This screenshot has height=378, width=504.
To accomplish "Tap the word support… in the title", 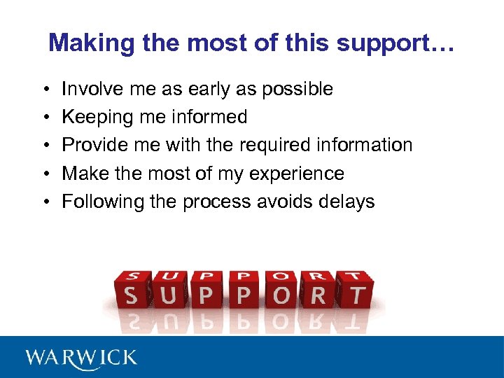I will tap(396, 43).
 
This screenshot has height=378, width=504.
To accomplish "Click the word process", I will tap(218, 202).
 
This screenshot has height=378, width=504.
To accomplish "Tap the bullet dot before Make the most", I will tap(44, 174).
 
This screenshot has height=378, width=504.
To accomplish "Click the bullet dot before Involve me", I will tap(44, 90).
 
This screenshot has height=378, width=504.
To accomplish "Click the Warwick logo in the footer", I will tap(81, 358).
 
